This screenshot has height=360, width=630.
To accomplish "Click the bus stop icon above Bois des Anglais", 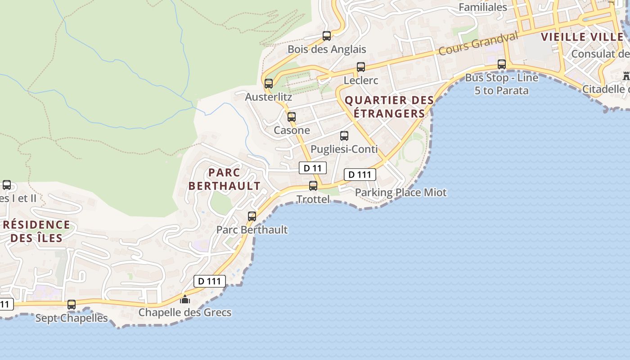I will click(x=327, y=36).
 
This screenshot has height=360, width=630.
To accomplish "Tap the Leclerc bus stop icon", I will click(x=361, y=67).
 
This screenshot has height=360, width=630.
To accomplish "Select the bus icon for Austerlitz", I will click(x=269, y=83).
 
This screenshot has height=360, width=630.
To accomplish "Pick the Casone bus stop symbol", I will click(x=292, y=117).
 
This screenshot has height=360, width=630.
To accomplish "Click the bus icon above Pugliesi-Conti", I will click(x=344, y=135).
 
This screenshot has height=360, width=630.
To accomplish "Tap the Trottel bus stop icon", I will click(x=313, y=185).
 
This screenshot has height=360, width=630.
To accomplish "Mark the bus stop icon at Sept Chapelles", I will click(x=72, y=304).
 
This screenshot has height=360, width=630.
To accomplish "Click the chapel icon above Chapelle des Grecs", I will click(x=185, y=299).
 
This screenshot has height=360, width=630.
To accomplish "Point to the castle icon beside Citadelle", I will click(x=626, y=76).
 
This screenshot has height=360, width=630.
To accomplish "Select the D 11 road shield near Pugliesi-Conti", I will click(x=313, y=168).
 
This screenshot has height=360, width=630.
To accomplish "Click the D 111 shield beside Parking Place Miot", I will click(x=360, y=175).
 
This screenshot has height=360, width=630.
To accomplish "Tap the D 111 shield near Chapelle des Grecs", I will click(x=210, y=281).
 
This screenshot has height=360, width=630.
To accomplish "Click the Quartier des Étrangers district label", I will click(x=389, y=107).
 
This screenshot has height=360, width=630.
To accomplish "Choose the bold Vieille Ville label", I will click(x=582, y=37).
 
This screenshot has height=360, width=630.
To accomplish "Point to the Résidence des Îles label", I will click(x=36, y=231).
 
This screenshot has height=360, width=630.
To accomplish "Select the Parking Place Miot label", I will click(x=401, y=193).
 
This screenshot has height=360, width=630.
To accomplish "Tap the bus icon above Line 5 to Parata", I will click(x=502, y=64).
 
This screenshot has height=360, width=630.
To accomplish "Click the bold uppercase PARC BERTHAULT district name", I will click(x=224, y=179).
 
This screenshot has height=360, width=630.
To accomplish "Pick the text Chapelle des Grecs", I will click(x=185, y=312).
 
